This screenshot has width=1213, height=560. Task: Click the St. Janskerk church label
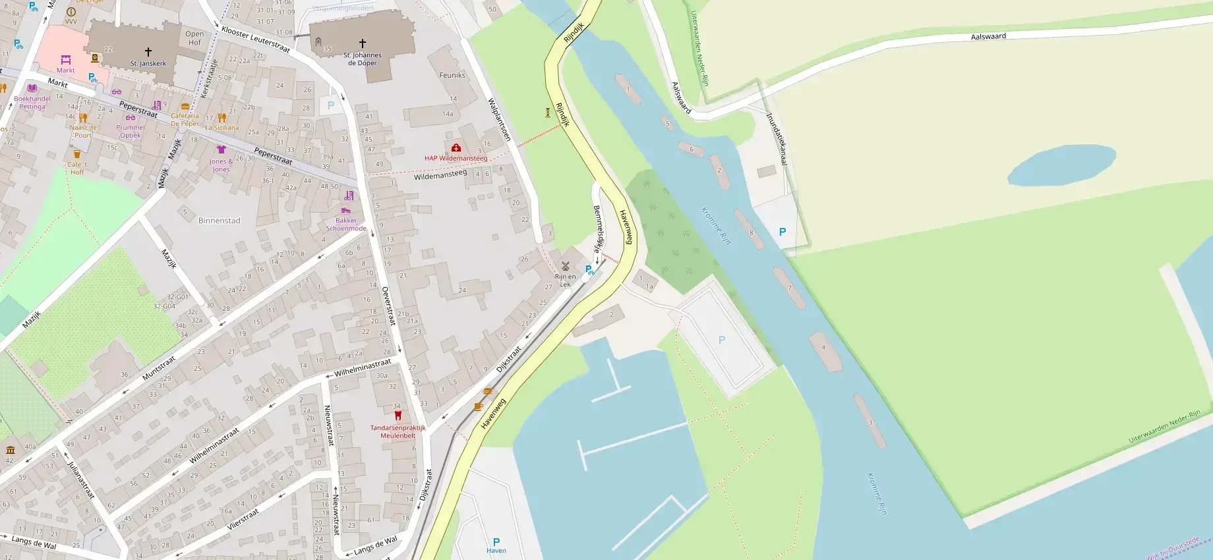[x=148, y=64]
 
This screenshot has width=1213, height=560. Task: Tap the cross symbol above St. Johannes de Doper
[x=362, y=44]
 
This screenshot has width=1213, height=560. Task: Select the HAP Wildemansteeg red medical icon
[x=456, y=148]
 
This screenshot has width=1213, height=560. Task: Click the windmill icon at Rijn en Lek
[x=565, y=266]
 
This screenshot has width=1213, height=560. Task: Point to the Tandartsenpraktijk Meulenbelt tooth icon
[x=398, y=416]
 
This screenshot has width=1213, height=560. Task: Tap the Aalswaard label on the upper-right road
[x=988, y=36]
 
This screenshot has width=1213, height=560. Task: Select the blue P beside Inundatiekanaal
[x=783, y=232]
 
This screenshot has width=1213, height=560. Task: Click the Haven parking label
[x=496, y=551]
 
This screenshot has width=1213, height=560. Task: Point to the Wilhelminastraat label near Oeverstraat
[x=362, y=368]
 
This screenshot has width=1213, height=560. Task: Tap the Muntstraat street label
[x=159, y=368]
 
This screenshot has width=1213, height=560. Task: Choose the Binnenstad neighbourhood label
[x=219, y=221]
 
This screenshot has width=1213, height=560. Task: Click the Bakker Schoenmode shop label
[x=346, y=225]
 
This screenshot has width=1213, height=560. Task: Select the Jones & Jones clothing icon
[x=221, y=150]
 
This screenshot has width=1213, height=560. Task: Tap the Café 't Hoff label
[x=77, y=168]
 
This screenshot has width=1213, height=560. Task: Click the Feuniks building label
[x=452, y=75]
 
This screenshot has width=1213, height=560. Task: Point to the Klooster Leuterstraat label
[x=256, y=40]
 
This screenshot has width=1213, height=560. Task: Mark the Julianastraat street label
[x=81, y=479]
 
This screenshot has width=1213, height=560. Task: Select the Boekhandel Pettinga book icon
[x=32, y=88]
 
